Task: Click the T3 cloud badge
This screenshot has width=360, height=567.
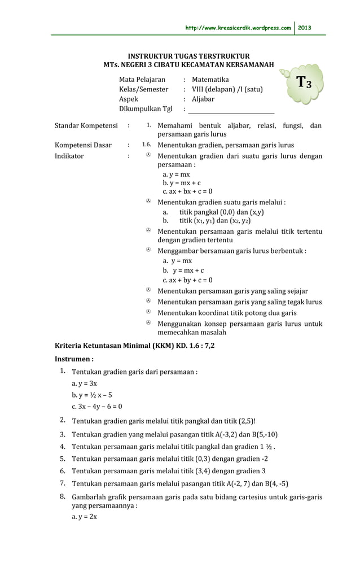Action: pos(308,84)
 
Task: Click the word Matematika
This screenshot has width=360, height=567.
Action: pos(210,80)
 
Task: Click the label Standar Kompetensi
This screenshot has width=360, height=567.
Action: pos(86,125)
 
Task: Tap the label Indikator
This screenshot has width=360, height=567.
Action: pos(69,156)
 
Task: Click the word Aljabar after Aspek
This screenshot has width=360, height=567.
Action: pos(203,99)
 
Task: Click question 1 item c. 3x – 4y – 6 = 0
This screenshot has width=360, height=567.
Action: pos(96,406)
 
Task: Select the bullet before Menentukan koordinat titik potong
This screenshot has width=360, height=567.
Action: pos(148,312)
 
